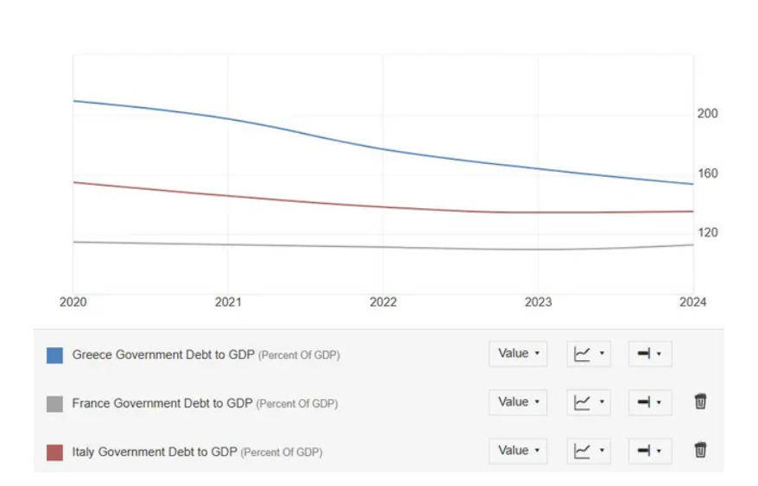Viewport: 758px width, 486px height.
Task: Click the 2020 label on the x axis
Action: tap(73, 302)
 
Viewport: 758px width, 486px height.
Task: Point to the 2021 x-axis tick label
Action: tap(228, 302)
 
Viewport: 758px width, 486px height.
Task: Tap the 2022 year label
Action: tap(383, 302)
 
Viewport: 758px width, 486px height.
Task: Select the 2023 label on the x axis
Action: tap(538, 302)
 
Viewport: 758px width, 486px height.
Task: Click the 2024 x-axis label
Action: tap(692, 302)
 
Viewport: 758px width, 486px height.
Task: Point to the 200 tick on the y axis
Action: tap(708, 114)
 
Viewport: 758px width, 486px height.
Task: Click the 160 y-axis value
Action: tap(708, 174)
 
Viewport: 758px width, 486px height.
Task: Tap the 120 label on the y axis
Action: tap(708, 233)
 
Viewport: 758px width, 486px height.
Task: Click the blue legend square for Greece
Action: tap(54, 355)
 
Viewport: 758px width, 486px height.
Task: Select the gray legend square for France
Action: tap(54, 403)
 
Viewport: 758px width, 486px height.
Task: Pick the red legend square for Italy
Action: tap(54, 451)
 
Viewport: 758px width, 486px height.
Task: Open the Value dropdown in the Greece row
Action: tap(518, 354)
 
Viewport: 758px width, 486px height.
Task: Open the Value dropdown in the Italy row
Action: tap(518, 451)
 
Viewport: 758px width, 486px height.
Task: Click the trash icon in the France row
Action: tap(700, 401)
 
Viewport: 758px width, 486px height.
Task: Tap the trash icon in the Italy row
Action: tap(700, 450)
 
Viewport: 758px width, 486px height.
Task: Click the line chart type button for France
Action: tap(589, 402)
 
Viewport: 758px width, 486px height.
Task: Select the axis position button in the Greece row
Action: tap(649, 354)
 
